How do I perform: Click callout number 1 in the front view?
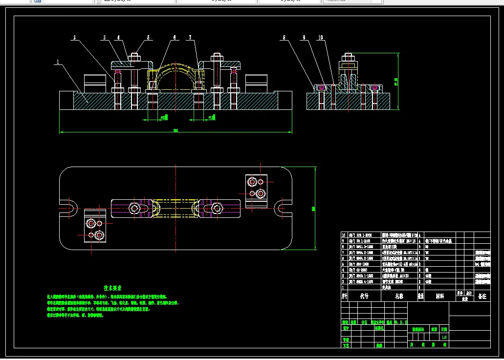(58, 62)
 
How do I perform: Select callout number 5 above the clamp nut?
(149, 37)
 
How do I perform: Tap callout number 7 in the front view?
(191, 37)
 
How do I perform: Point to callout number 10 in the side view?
(320, 37)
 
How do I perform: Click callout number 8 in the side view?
(283, 37)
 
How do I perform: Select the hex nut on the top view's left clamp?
(134, 209)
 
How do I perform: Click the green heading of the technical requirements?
(112, 288)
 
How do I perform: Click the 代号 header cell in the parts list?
(364, 296)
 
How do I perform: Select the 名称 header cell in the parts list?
(399, 296)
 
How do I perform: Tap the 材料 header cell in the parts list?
(440, 296)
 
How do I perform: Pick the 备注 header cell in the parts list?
(482, 296)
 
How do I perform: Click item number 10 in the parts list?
(344, 235)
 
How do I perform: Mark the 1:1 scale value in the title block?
(444, 337)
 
